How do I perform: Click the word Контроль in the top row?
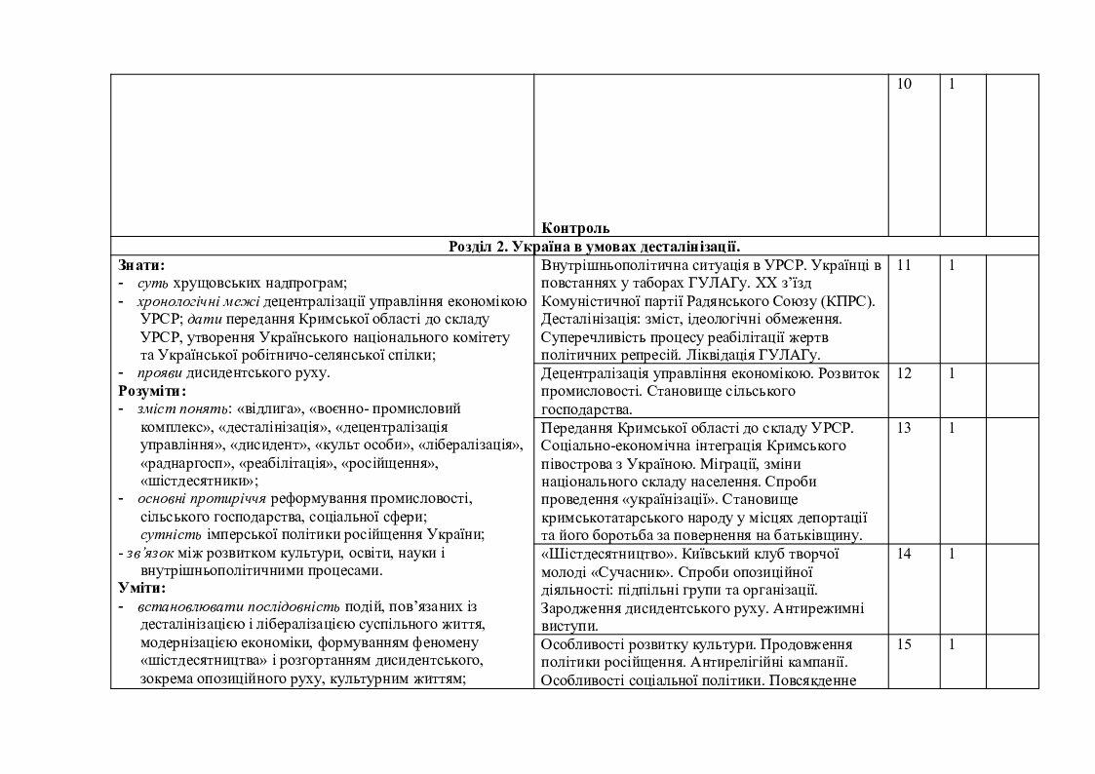pos(575,227)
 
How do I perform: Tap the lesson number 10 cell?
pos(904,85)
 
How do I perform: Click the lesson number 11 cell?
pos(904,265)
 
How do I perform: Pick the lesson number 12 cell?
pos(904,373)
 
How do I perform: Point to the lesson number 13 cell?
pos(904,428)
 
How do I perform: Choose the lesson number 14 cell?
pos(904,554)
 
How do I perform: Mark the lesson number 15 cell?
pos(904,644)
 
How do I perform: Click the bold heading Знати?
pos(141,265)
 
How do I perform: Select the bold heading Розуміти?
pos(151,391)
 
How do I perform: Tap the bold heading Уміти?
pos(142,588)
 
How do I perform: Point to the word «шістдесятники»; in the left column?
pos(199,481)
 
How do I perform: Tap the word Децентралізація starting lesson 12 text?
pos(596,373)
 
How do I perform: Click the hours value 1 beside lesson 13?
pos(952,428)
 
